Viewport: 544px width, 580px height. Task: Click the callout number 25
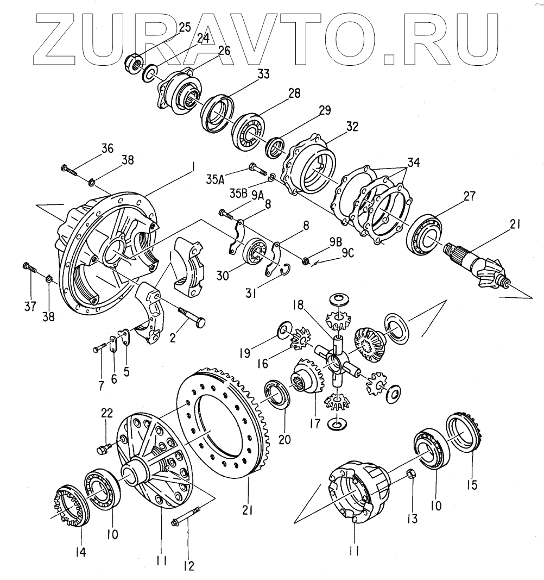tap(184, 28)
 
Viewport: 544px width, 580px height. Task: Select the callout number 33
tap(263, 75)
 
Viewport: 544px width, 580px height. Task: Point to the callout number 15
tap(472, 485)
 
